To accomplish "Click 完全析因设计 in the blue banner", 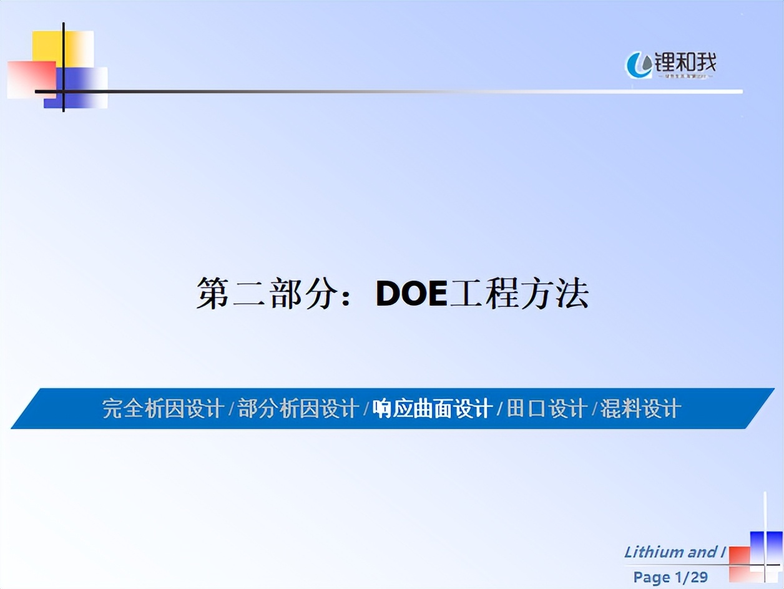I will (163, 409).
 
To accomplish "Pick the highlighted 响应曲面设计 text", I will (432, 409).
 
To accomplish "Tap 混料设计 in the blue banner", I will (640, 409).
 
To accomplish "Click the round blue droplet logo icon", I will (638, 65).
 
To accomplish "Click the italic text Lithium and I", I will (675, 552).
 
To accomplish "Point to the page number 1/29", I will (690, 577).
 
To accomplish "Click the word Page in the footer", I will (651, 577).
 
